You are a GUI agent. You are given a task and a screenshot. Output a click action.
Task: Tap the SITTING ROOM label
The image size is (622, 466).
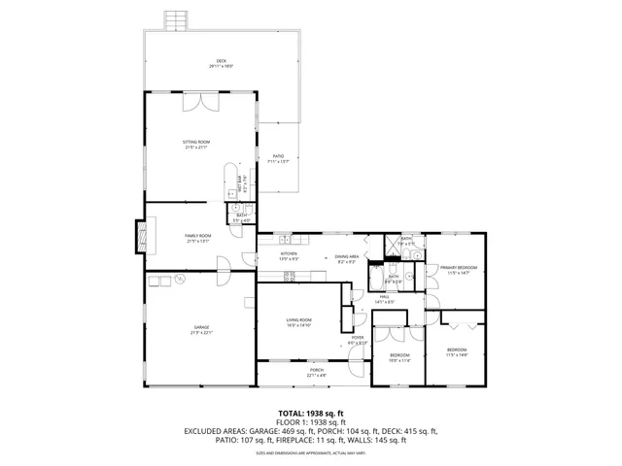click(196, 144)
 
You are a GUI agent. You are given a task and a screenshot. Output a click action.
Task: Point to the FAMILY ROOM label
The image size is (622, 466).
click(198, 238)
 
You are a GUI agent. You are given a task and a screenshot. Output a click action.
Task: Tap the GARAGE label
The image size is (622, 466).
click(200, 330)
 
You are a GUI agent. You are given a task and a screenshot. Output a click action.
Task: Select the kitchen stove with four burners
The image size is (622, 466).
click(289, 277)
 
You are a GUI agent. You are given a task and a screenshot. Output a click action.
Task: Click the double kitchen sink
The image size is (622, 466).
click(284, 239)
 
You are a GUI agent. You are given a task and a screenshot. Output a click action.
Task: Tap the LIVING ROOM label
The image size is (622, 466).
click(298, 321)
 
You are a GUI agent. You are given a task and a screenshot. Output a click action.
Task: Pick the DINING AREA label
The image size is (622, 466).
click(347, 258)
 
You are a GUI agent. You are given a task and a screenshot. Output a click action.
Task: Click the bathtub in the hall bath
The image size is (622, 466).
click(376, 280)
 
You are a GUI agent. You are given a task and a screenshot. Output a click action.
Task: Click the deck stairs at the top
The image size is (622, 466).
click(175, 19)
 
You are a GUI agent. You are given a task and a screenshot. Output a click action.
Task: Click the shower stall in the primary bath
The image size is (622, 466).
click(392, 244)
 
